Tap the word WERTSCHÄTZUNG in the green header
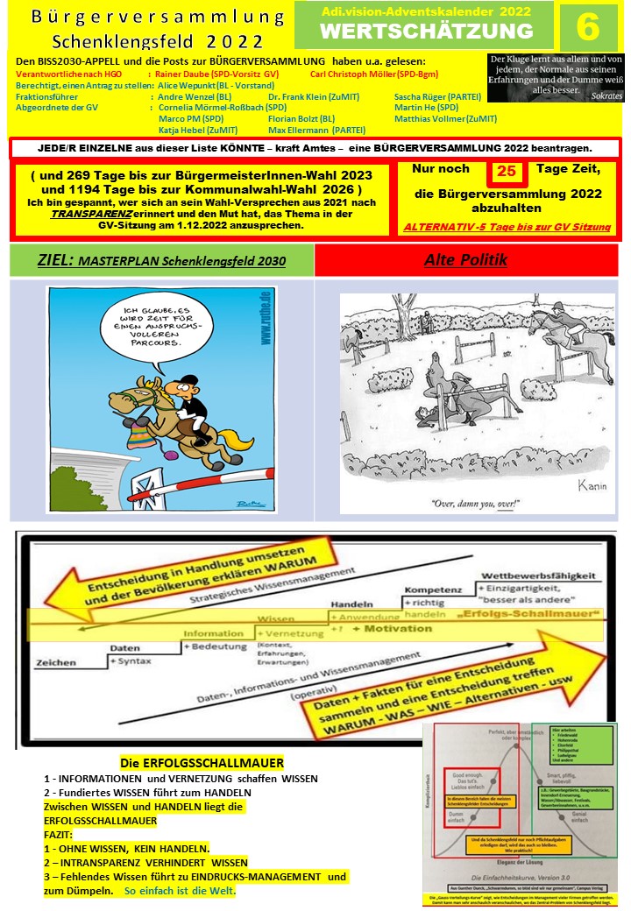[x=426, y=32]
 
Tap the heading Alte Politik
[x=465, y=260]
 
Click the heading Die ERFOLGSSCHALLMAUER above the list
[x=202, y=764]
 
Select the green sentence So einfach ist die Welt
[x=181, y=892]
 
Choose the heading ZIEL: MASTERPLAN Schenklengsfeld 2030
[x=161, y=260]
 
